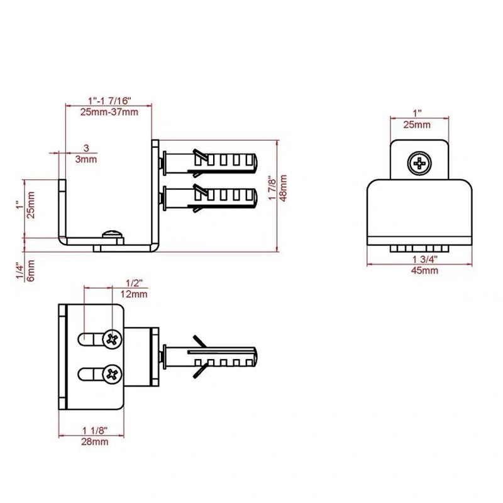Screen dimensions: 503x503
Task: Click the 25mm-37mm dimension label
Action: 109,112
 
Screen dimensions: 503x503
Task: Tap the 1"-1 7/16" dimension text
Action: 109,101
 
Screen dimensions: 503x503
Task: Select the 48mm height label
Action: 284,189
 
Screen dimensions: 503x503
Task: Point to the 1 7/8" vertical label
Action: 272,189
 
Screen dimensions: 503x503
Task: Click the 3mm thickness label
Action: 86,159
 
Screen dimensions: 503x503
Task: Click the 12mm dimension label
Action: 134,294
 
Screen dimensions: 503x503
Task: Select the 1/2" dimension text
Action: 134,283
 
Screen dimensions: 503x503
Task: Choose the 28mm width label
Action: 94,442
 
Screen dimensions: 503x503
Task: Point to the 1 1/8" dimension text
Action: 94,431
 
